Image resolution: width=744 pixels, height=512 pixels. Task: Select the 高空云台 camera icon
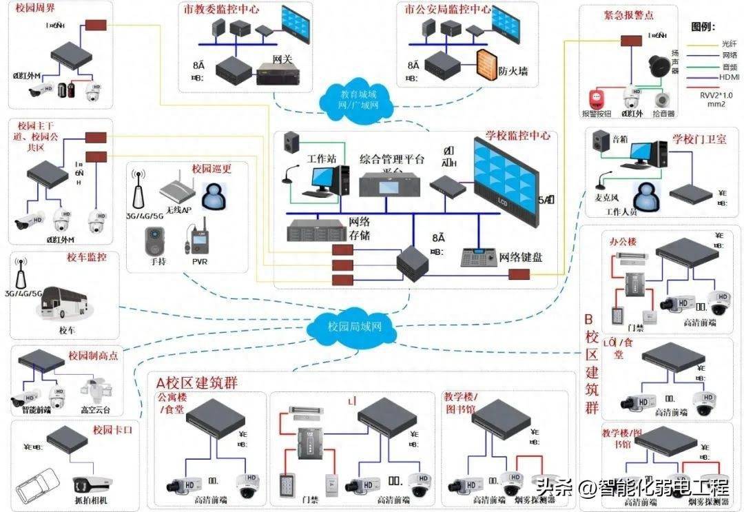[95, 392]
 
